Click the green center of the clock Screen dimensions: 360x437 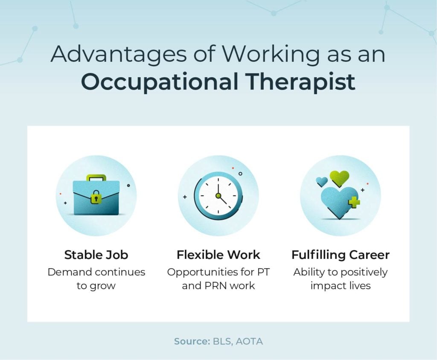pos(218,196)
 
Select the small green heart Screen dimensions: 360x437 pos(340,177)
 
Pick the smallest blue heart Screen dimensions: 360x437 pos(322,181)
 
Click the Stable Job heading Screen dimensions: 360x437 pos(96,255)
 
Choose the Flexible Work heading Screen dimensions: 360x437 pos(218,255)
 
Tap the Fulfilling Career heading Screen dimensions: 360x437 pos(340,255)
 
